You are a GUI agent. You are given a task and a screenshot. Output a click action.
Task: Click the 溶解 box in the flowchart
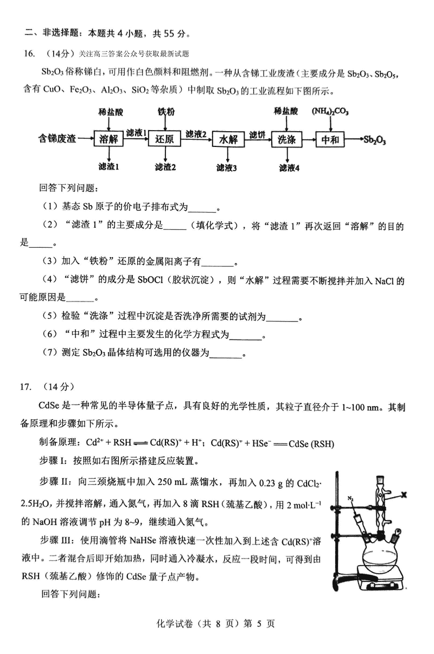[x=109, y=139]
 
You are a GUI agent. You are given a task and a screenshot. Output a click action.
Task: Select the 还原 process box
[x=164, y=139]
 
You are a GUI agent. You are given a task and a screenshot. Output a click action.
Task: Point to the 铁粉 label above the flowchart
[x=166, y=112]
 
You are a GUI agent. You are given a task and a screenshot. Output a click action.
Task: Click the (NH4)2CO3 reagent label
[x=330, y=112]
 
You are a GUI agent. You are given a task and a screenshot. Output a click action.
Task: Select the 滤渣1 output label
[x=109, y=167]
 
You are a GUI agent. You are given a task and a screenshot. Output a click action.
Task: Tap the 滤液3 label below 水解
[x=227, y=168]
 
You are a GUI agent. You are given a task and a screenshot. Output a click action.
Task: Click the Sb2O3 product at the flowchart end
[x=375, y=140]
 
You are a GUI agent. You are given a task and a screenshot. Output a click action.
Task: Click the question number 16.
[x=30, y=54]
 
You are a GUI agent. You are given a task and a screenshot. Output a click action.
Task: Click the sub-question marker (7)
[x=48, y=353]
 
